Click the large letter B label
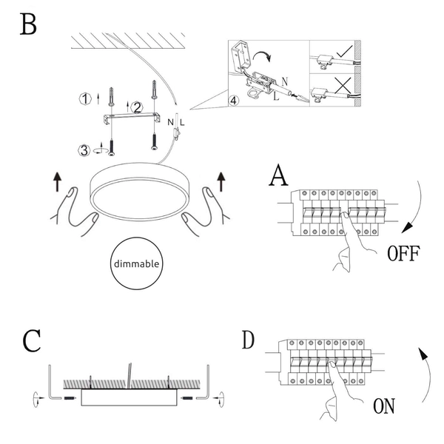(x=28, y=24)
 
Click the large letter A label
(x=279, y=176)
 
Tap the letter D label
(x=248, y=340)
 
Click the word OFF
(x=404, y=254)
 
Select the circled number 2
(x=137, y=107)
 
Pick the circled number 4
(x=233, y=100)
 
